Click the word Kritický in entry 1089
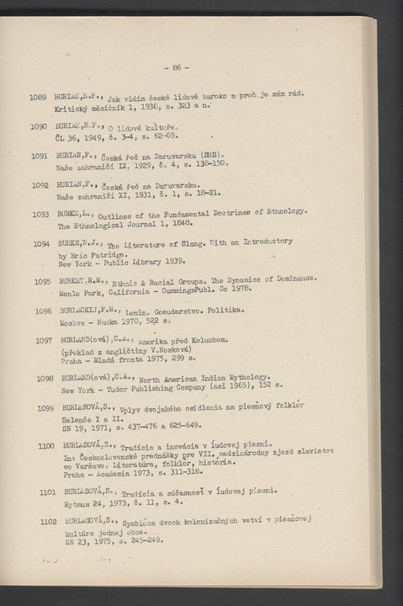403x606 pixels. pos(71,110)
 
